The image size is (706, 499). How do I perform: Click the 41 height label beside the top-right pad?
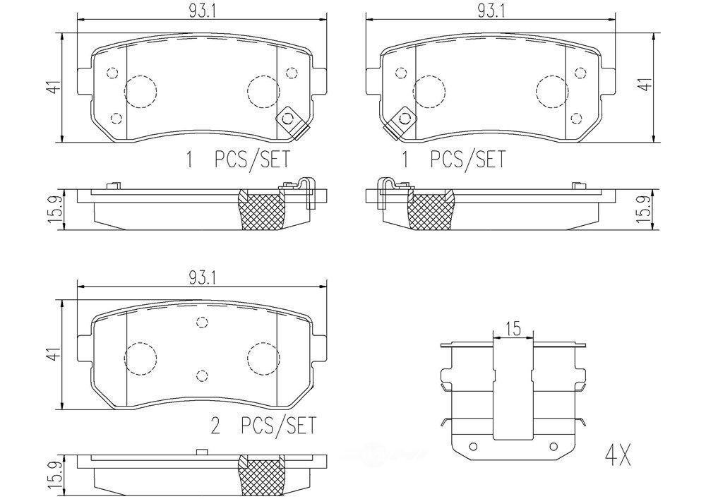(x=643, y=85)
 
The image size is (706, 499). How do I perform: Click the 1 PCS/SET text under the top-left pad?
(x=237, y=160)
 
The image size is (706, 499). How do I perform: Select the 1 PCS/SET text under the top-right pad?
(x=453, y=160)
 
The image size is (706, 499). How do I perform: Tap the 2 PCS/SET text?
(x=263, y=426)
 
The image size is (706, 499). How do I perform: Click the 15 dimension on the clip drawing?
(x=513, y=327)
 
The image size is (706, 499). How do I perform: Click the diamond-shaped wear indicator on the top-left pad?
(x=289, y=121)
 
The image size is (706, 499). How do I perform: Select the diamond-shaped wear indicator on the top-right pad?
(x=405, y=121)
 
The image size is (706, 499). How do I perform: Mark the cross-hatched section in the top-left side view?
(x=262, y=210)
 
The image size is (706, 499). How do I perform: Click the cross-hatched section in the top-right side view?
(x=431, y=210)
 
